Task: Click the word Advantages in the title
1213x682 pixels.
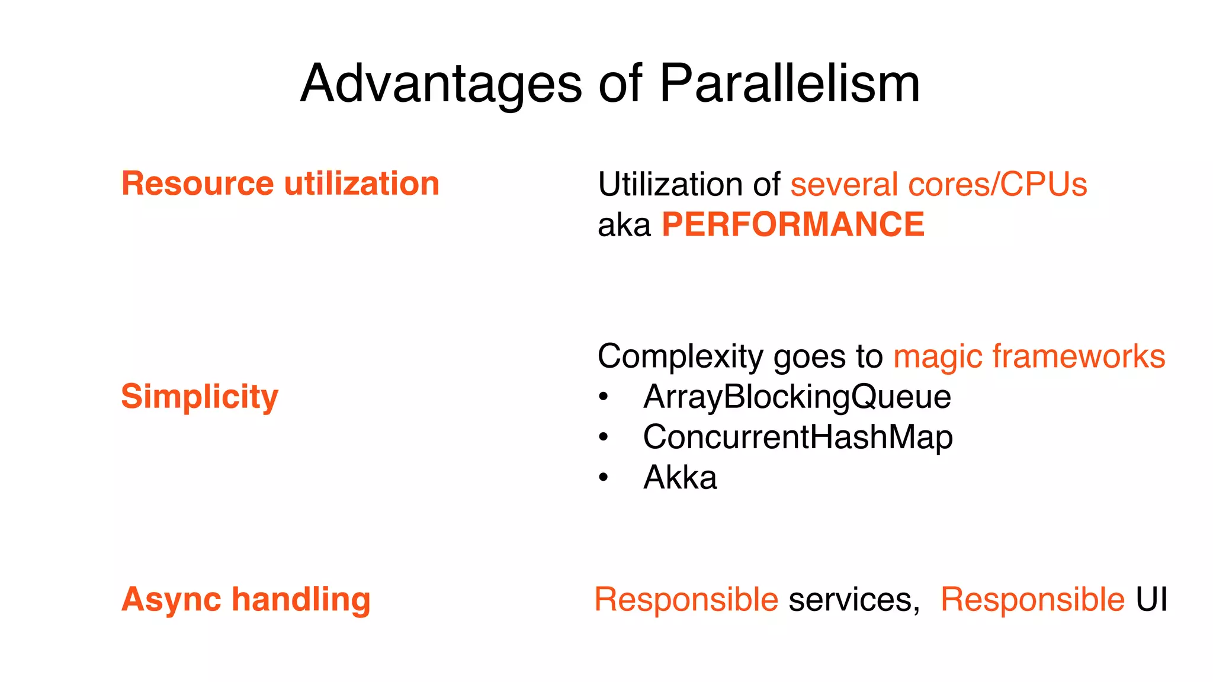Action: click(441, 84)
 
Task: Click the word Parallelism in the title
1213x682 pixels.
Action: click(790, 84)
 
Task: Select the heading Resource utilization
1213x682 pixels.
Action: click(280, 184)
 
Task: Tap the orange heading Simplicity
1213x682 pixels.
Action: click(200, 397)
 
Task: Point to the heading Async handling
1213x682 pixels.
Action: click(246, 599)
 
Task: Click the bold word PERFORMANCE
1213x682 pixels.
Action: click(792, 225)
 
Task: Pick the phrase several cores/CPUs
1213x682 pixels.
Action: click(939, 185)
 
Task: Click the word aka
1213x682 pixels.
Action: click(624, 226)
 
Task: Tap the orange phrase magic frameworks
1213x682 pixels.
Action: click(1029, 356)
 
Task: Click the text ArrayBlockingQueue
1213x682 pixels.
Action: click(797, 397)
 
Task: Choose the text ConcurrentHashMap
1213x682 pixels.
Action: click(798, 437)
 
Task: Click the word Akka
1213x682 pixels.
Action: click(680, 477)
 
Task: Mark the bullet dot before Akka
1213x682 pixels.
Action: click(603, 477)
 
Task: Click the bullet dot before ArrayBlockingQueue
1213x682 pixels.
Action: click(603, 397)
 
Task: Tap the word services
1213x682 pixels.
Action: click(853, 600)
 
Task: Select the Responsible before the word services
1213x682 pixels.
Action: click(686, 600)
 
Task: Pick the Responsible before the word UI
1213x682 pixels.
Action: click(1032, 600)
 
